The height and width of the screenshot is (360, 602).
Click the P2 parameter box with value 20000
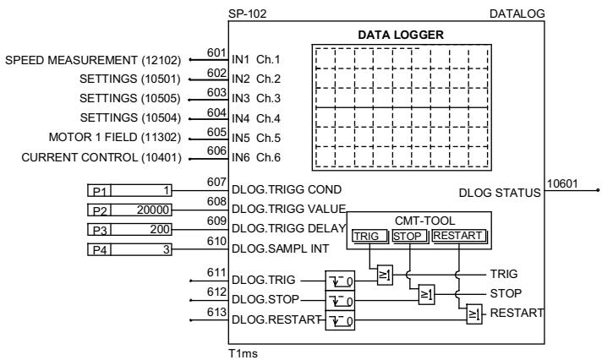coord(130,209)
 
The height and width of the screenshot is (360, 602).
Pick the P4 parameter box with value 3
coord(130,249)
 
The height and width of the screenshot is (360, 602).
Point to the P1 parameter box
coord(130,190)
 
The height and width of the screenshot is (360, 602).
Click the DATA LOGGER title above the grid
coord(402,35)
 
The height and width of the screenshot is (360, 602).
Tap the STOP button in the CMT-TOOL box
coord(409,237)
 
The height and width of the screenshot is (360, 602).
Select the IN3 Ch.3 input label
coord(256,99)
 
